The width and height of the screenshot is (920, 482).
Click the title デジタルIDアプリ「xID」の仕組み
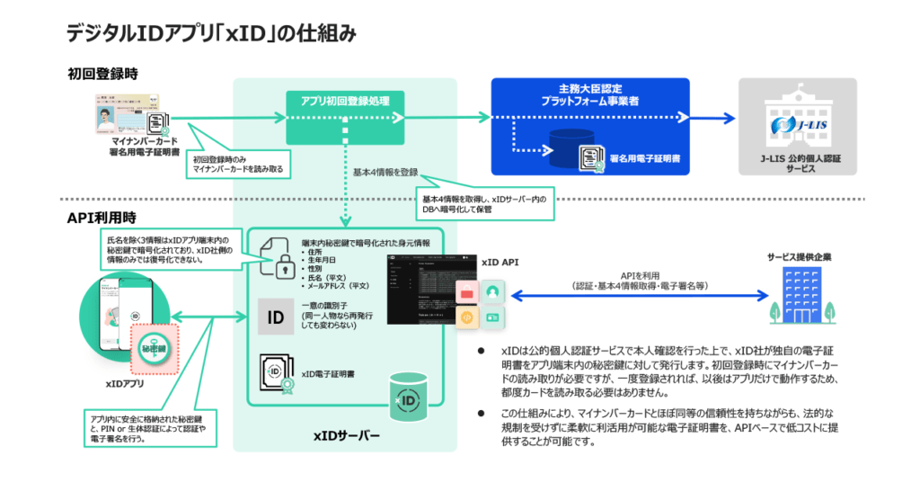click(212, 33)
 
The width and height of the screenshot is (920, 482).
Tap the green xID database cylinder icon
click(408, 397)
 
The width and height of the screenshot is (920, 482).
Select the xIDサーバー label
click(346, 435)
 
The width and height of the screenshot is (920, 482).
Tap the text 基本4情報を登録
click(384, 170)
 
